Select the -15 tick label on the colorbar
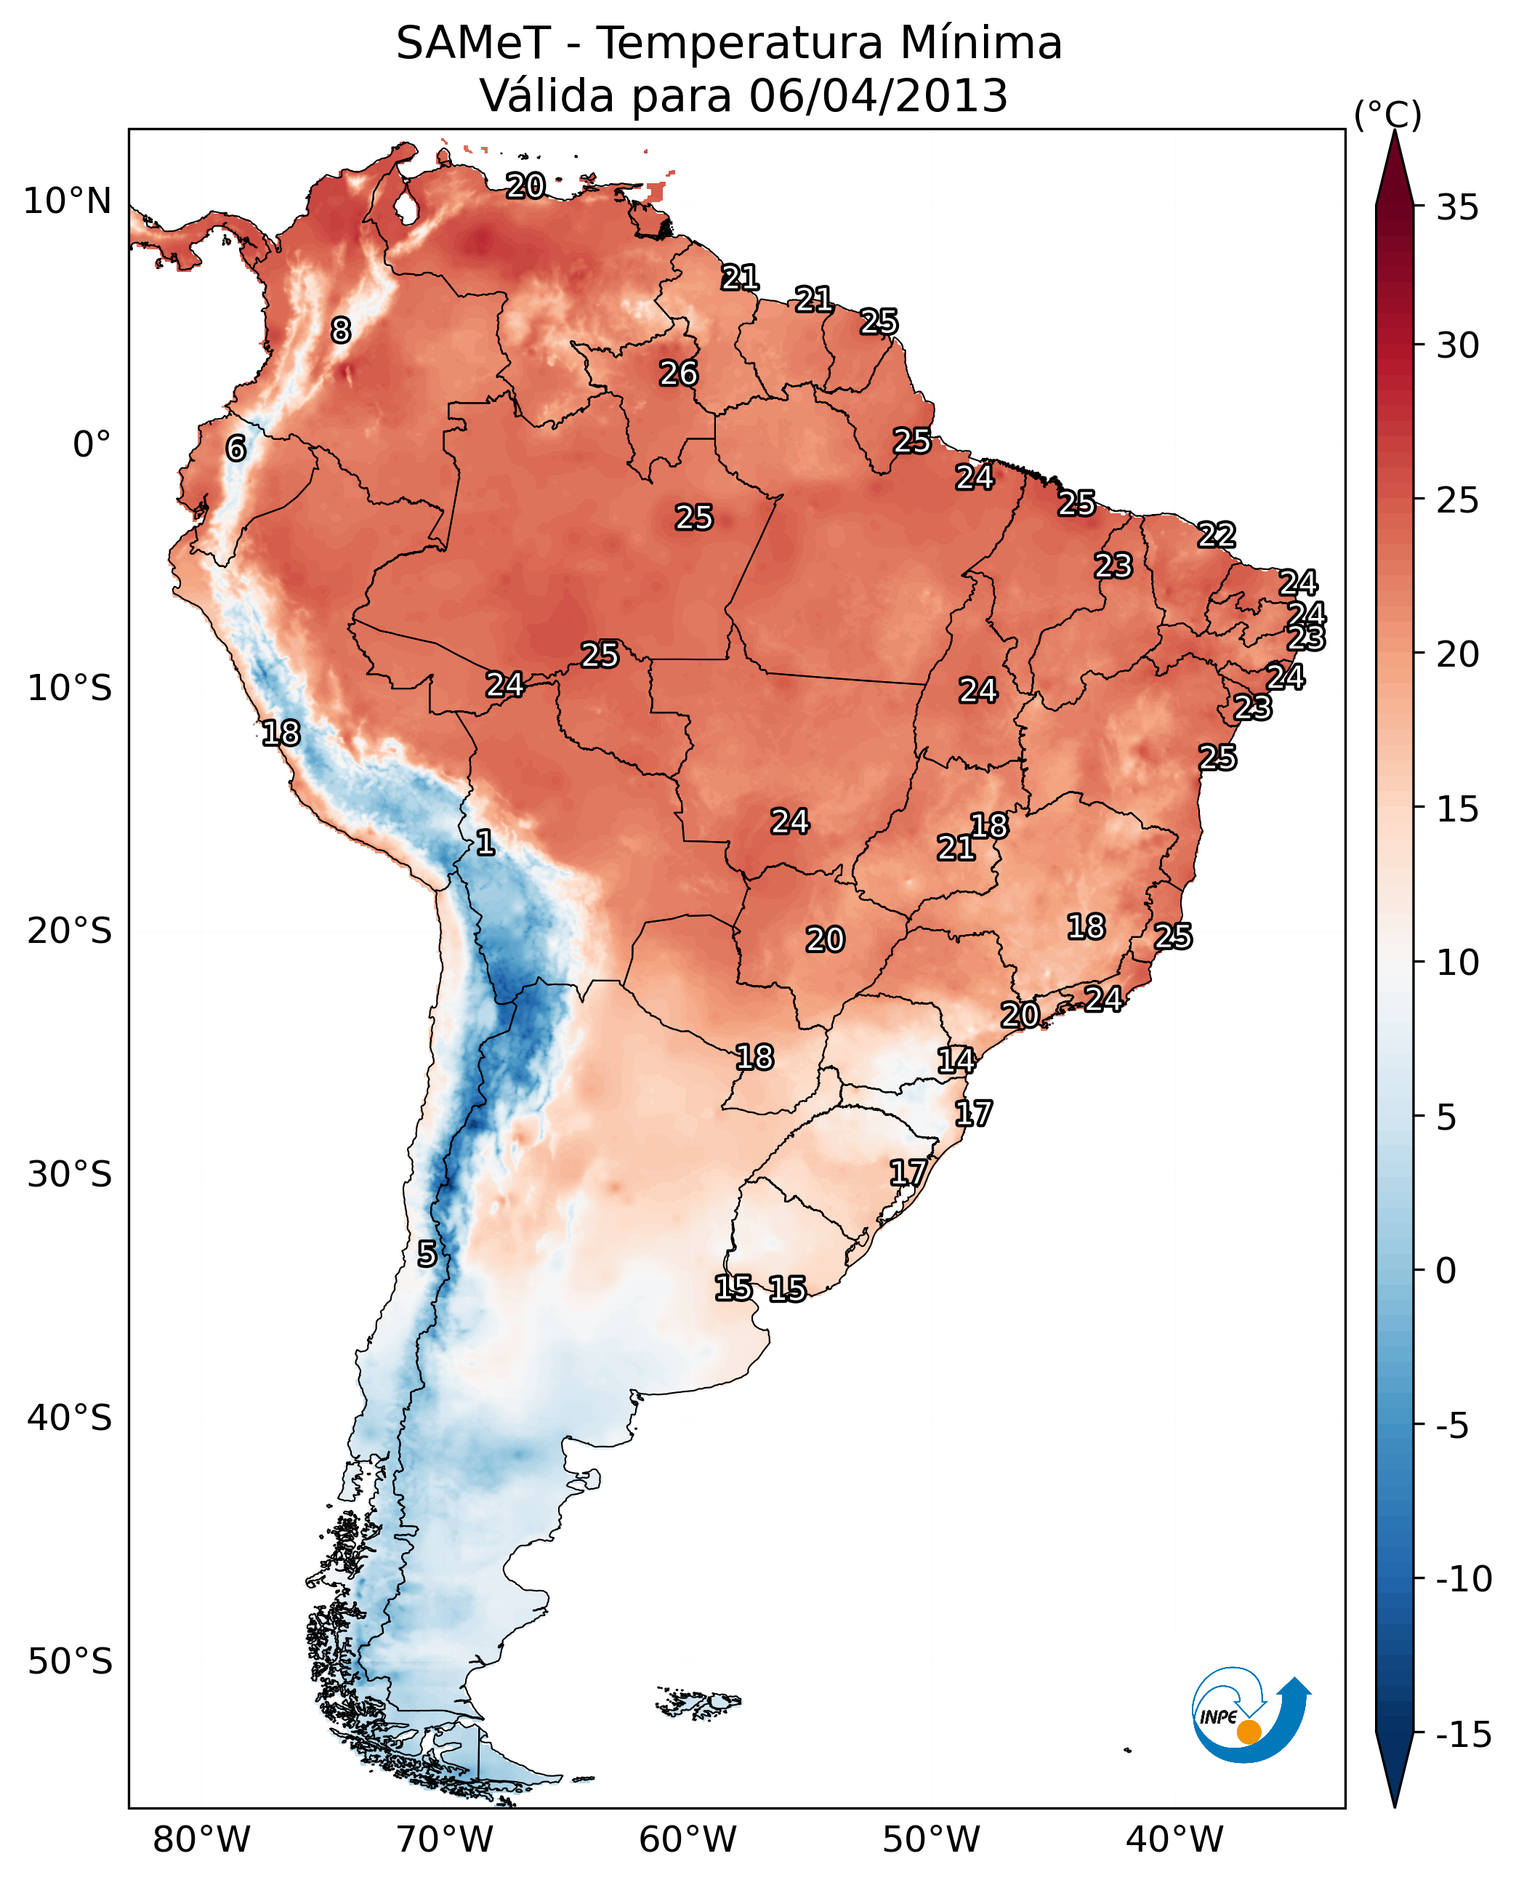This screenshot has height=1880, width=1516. point(1464,1734)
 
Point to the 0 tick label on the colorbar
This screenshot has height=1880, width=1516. point(1446,1270)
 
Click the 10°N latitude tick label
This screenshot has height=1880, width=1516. point(68,202)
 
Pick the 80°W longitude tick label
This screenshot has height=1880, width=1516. point(202,1839)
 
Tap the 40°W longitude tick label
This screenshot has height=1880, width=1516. point(1174,1839)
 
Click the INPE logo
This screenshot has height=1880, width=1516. point(1250,1714)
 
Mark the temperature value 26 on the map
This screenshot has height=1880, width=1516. point(679,374)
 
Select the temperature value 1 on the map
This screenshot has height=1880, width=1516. point(485,843)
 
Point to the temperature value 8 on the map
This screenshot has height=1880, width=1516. point(341,330)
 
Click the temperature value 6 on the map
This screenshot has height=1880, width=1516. point(235,449)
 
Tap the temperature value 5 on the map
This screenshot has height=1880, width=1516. point(426,1255)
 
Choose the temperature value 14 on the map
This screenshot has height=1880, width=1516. point(956,1061)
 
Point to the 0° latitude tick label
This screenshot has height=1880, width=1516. point(92,445)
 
